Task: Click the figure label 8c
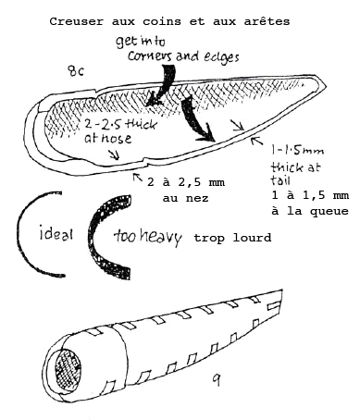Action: tap(78, 70)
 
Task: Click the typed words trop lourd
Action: tap(232, 238)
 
